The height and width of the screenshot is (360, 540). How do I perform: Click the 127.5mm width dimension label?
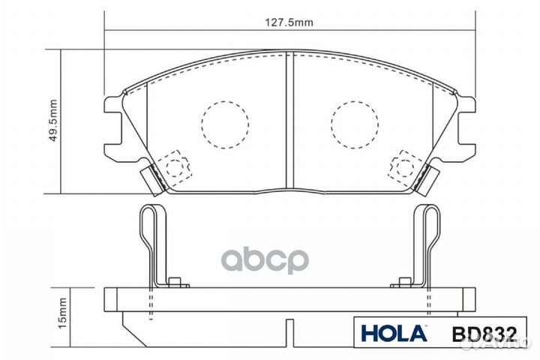[x=289, y=22]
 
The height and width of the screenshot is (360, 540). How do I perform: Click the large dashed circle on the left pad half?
[x=224, y=123]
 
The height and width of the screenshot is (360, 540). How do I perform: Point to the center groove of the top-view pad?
[x=289, y=120]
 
